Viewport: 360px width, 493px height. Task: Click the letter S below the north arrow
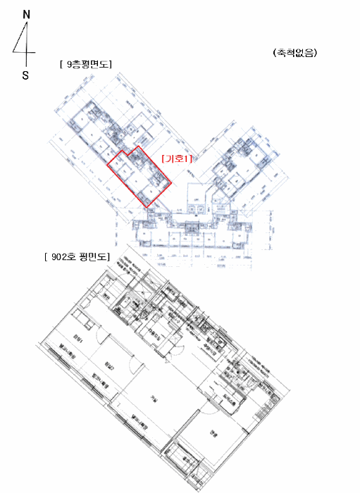[25, 75]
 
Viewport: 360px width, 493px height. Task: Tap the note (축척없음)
[294, 54]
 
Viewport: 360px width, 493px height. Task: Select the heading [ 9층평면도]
[87, 65]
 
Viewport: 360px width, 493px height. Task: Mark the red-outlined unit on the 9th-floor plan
[137, 178]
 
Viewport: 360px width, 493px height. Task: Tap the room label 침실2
[108, 364]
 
